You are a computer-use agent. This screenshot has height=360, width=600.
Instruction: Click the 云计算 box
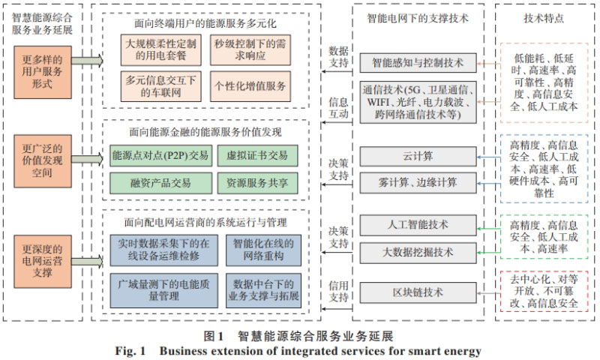click(x=418, y=157)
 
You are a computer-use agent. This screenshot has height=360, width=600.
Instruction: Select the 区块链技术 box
click(x=418, y=292)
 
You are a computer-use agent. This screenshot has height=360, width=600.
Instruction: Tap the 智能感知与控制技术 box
click(x=418, y=63)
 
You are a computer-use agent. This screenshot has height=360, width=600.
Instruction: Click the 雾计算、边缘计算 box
click(x=418, y=182)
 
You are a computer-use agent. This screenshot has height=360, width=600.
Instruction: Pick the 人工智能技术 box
click(x=418, y=224)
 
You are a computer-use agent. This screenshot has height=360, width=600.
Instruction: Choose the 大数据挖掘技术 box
click(x=418, y=251)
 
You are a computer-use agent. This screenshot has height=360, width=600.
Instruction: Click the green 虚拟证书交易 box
click(x=257, y=156)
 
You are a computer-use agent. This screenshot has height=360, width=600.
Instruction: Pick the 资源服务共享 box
click(x=257, y=182)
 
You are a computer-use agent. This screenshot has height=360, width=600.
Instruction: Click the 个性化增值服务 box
click(x=250, y=86)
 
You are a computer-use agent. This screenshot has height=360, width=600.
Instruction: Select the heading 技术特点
click(x=544, y=16)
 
